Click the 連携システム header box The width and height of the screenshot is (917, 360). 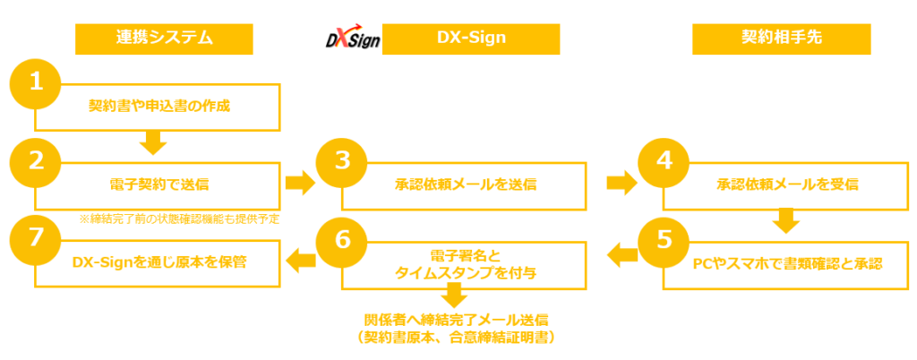pos(164,39)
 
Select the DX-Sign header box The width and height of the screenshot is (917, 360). pos(471,39)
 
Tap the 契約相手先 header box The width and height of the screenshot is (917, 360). pos(782,39)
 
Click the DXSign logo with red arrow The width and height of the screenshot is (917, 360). pos(350,39)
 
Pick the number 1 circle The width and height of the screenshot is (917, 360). pos(36,83)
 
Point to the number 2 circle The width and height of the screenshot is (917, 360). pos(36,161)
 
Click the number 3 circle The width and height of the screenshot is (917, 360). pos(343,161)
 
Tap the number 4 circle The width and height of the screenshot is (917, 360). pos(663,161)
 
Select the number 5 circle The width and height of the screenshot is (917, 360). pos(663,240)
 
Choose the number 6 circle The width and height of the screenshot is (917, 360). pos(343,240)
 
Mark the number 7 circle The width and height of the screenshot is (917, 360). pos(36,240)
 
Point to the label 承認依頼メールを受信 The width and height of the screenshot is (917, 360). pos(788,185)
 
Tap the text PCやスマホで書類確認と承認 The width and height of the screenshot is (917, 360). pos(788,264)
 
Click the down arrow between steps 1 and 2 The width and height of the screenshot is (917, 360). pos(153,140)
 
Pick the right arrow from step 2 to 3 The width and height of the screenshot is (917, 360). pos(298,184)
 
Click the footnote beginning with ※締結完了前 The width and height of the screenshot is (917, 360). pos(179,218)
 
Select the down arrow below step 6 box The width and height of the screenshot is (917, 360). pos(455,296)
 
